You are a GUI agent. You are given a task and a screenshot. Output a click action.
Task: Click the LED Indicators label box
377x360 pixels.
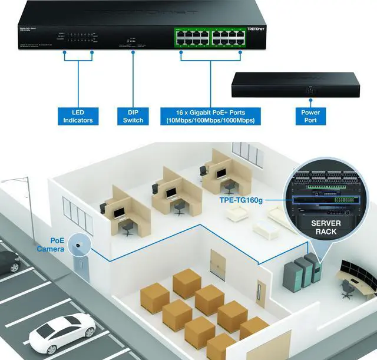pos(78,116)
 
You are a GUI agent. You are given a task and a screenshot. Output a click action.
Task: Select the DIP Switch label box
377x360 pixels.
pos(133,116)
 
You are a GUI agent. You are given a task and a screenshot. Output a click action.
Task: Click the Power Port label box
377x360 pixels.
pos(310,116)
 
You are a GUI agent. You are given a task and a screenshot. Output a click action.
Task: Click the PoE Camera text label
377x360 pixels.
pos(49,245)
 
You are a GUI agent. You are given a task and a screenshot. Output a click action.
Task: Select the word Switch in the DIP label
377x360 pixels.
pos(133,121)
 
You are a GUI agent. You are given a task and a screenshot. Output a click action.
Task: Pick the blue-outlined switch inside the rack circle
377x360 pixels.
pos(323,200)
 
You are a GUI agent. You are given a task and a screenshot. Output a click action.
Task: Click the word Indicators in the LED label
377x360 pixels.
pos(78,121)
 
